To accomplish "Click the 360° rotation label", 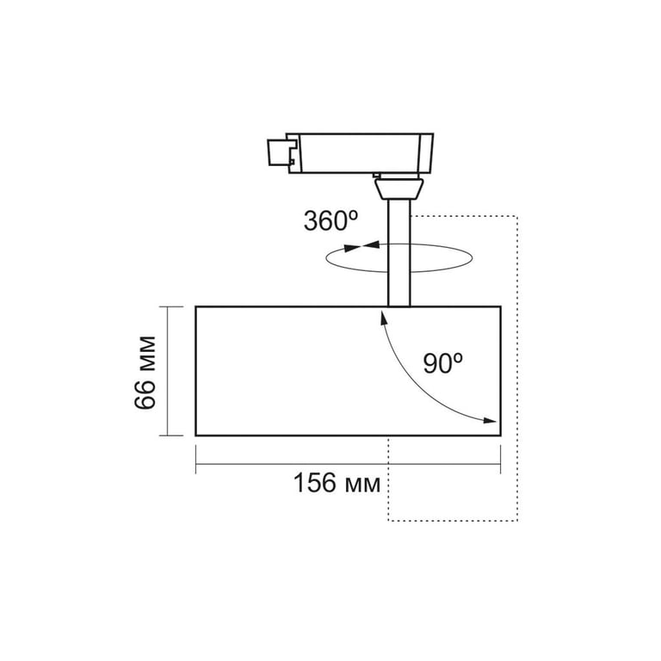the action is coord(330,221).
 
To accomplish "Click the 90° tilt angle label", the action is coord(443,363).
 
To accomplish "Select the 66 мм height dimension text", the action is coord(145,373).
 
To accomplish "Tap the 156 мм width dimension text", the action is coord(337,483).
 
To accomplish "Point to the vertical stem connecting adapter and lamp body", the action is coord(398,253).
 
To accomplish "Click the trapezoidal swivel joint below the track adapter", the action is coord(398,188).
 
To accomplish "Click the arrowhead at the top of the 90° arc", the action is coord(384,317).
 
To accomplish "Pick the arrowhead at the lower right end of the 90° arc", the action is coord(490,420).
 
